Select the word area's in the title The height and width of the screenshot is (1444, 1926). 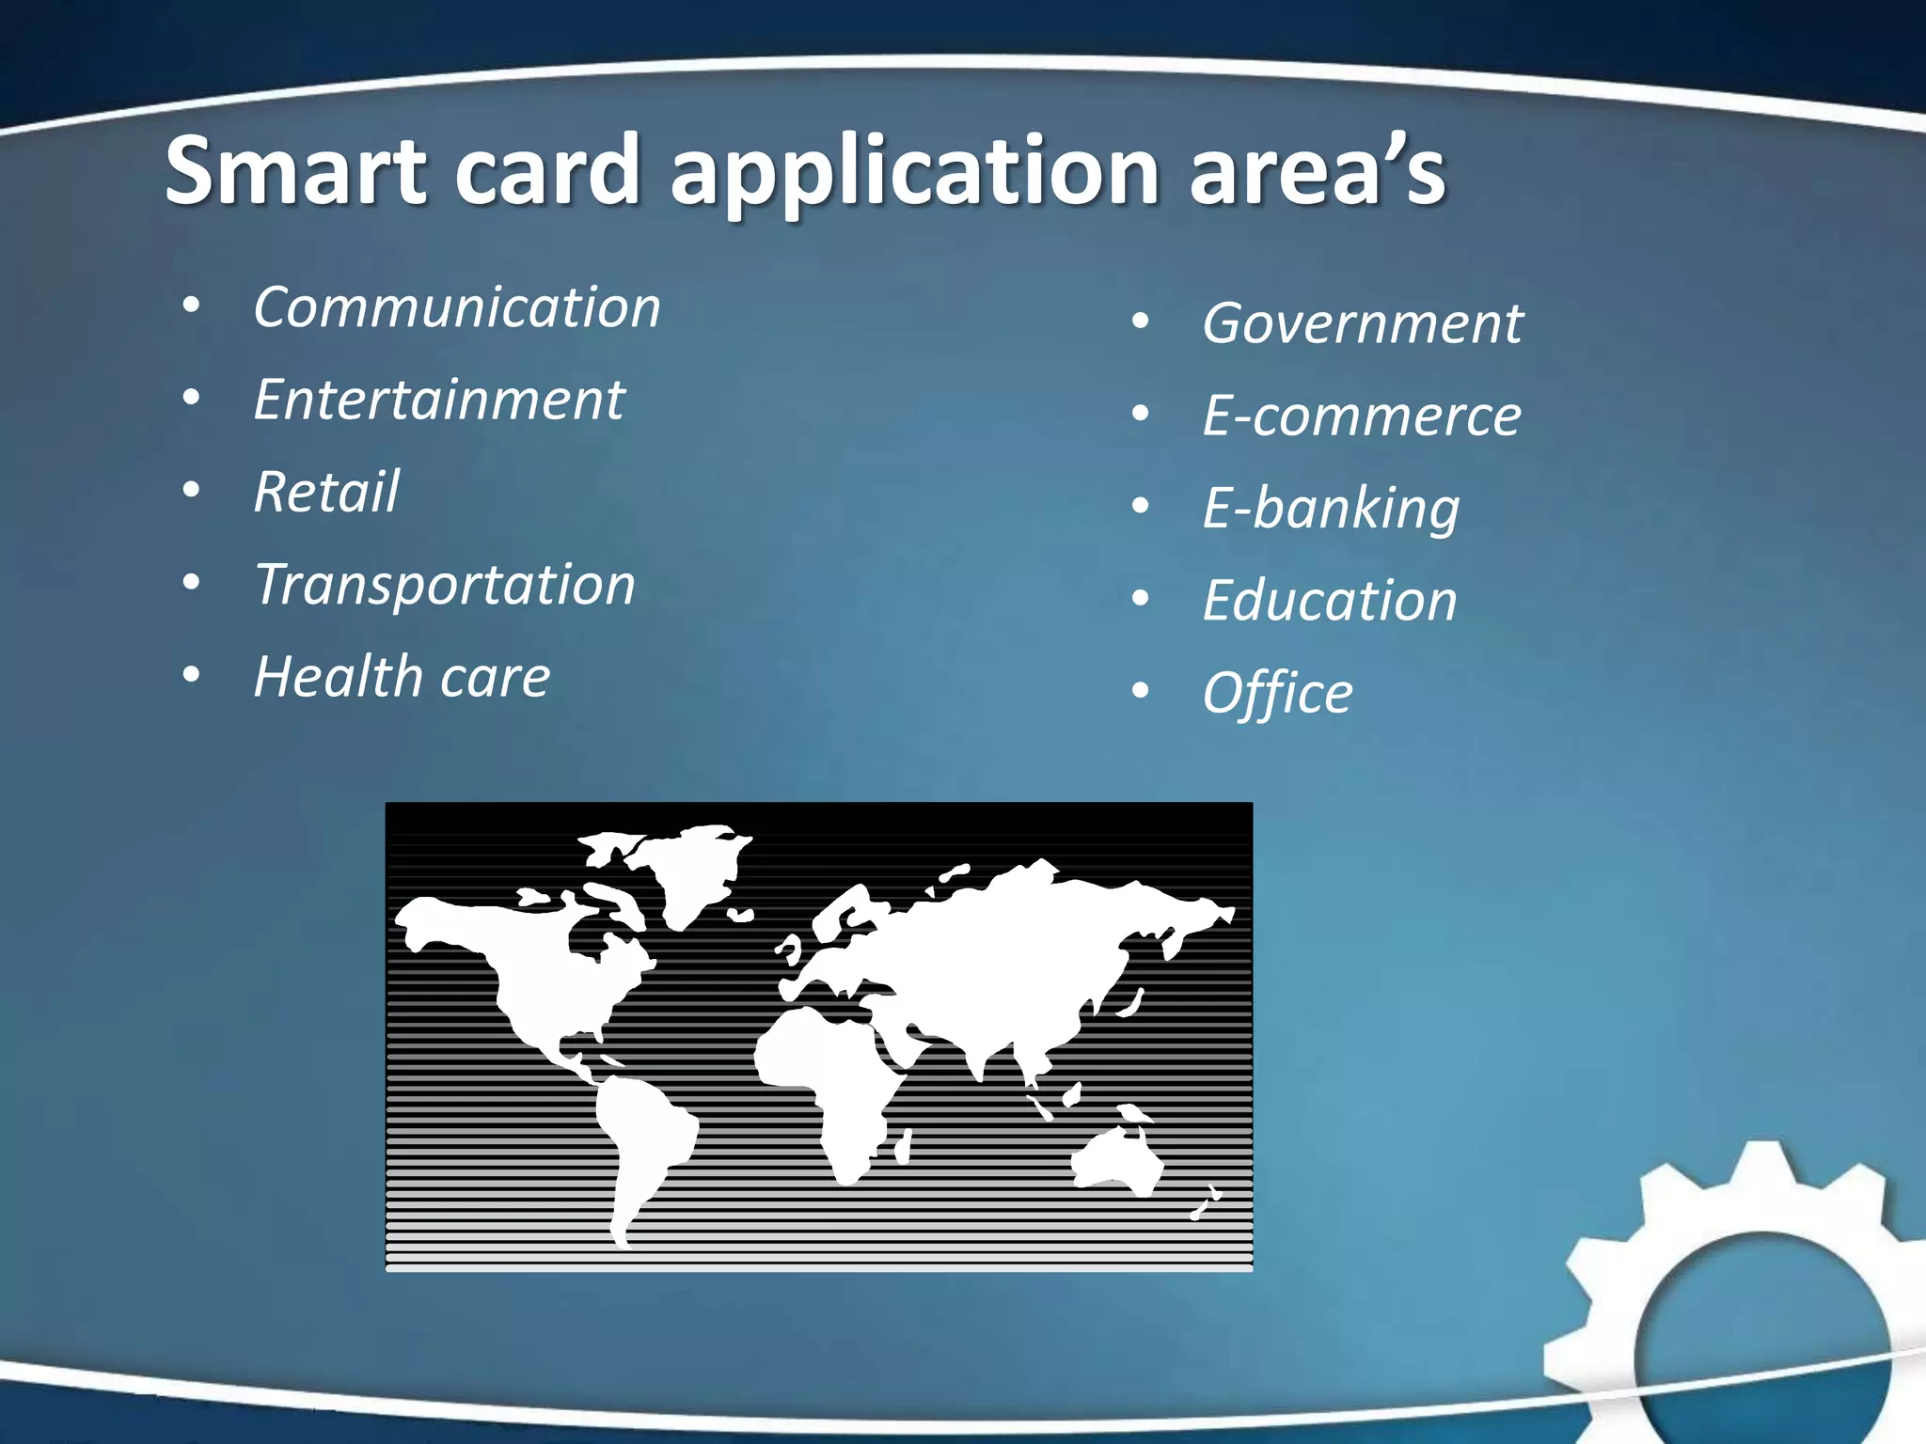tap(1317, 171)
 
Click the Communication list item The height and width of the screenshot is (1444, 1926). tap(457, 307)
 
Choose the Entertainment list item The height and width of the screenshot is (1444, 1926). tap(439, 400)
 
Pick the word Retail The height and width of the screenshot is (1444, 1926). tap(326, 492)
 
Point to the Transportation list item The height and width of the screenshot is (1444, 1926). tap(445, 584)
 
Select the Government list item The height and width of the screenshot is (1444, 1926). tap(1363, 323)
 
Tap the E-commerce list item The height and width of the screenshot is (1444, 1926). tap(1362, 416)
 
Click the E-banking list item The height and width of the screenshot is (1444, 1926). tap(1331, 509)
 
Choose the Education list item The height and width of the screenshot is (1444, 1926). tap(1330, 600)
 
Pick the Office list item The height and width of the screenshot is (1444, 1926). tap(1277, 693)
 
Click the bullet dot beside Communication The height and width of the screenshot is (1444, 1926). tap(192, 307)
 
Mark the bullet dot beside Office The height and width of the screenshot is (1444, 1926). tap(1141, 692)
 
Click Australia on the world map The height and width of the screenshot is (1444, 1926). tap(1117, 1161)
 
